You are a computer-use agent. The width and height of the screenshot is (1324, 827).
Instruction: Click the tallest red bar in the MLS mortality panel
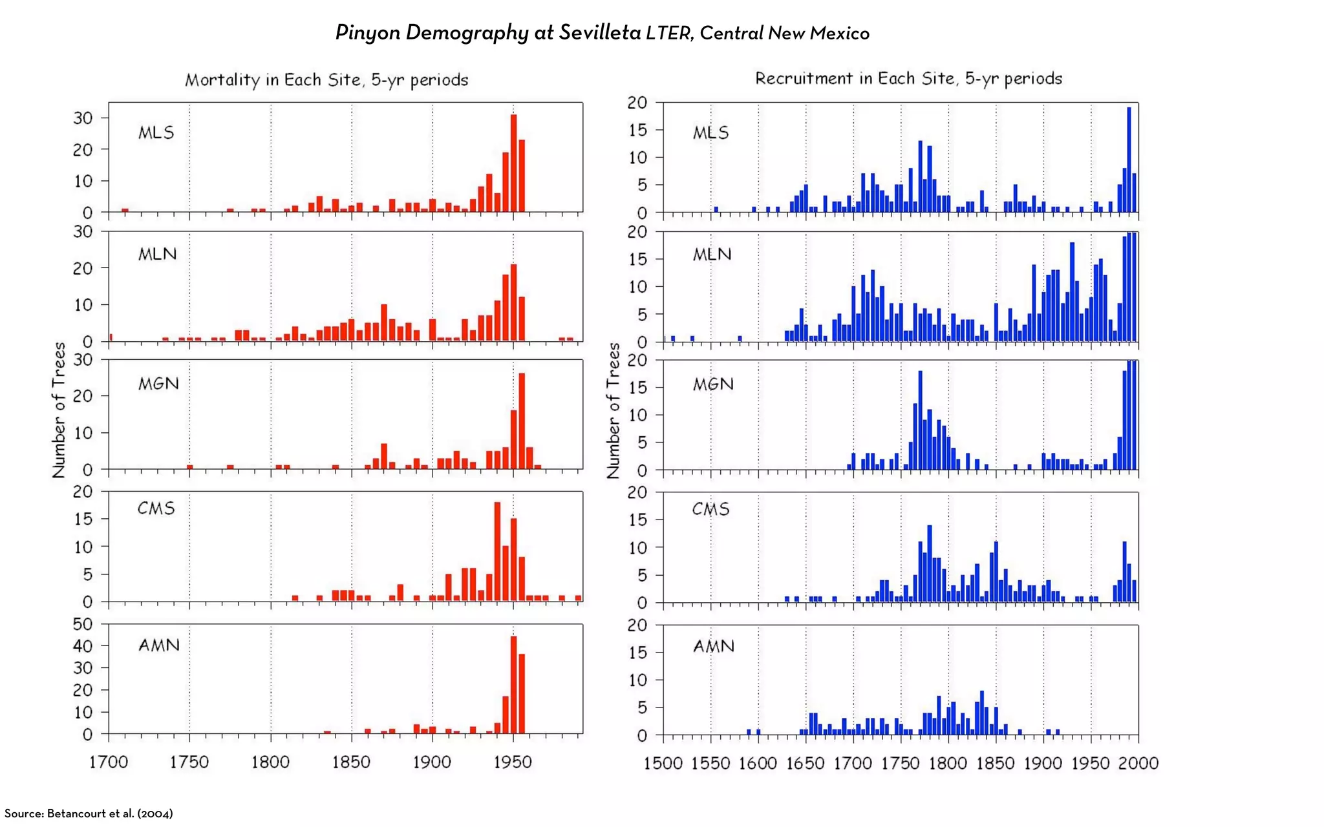pos(513,163)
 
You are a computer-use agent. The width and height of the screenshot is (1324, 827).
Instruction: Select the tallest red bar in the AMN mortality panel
pos(513,685)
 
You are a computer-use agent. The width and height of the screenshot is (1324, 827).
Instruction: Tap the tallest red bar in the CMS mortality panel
pos(497,552)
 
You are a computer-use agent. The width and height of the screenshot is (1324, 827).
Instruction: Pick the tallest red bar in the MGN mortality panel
pos(522,421)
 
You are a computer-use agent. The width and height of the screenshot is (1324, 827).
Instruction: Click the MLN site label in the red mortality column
pos(157,254)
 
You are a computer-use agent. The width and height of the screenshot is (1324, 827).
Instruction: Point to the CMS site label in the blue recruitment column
pos(710,509)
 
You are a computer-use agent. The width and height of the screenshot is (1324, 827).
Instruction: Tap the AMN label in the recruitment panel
pos(714,646)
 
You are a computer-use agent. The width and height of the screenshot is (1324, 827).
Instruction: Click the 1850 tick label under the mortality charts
pos(351,762)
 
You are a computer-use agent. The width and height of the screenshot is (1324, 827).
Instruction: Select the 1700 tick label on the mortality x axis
pos(108,762)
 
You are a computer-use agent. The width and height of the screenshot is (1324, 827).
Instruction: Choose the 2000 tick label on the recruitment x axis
pos(1138,764)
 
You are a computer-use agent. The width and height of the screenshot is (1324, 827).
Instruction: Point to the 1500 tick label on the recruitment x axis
pos(663,764)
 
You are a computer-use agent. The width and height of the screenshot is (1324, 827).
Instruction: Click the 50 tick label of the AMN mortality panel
pos(83,624)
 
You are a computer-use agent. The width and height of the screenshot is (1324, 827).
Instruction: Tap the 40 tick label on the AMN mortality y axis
pos(83,646)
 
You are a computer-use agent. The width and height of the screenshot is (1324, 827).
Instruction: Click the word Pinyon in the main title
pos(367,32)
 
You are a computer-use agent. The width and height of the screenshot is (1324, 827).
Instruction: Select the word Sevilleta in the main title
pos(599,32)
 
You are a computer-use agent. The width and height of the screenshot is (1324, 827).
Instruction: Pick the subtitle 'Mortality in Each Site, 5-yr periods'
pos(326,80)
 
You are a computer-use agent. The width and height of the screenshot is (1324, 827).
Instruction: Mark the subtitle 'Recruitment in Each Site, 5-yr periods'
pos(908,79)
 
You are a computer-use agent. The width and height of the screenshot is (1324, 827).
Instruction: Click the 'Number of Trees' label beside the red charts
pos(59,410)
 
